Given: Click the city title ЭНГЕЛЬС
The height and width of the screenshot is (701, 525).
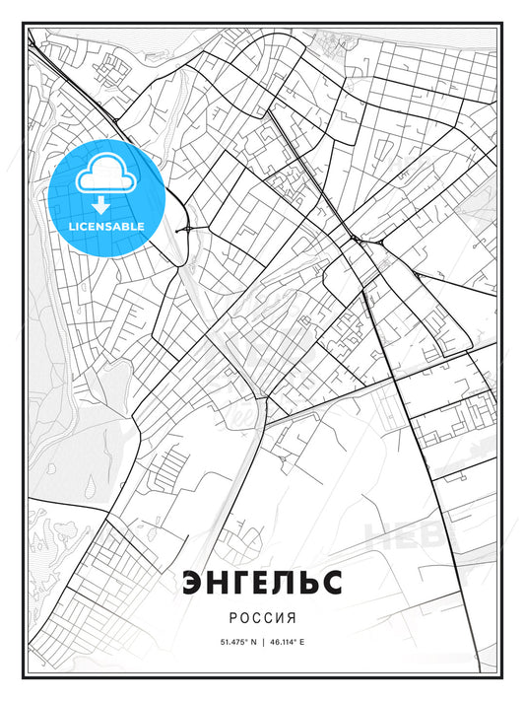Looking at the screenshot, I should point(262,583).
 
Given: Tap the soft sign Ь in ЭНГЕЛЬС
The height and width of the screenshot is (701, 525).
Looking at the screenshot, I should point(310,583).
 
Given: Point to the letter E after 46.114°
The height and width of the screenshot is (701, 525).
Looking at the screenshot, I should point(302,642).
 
